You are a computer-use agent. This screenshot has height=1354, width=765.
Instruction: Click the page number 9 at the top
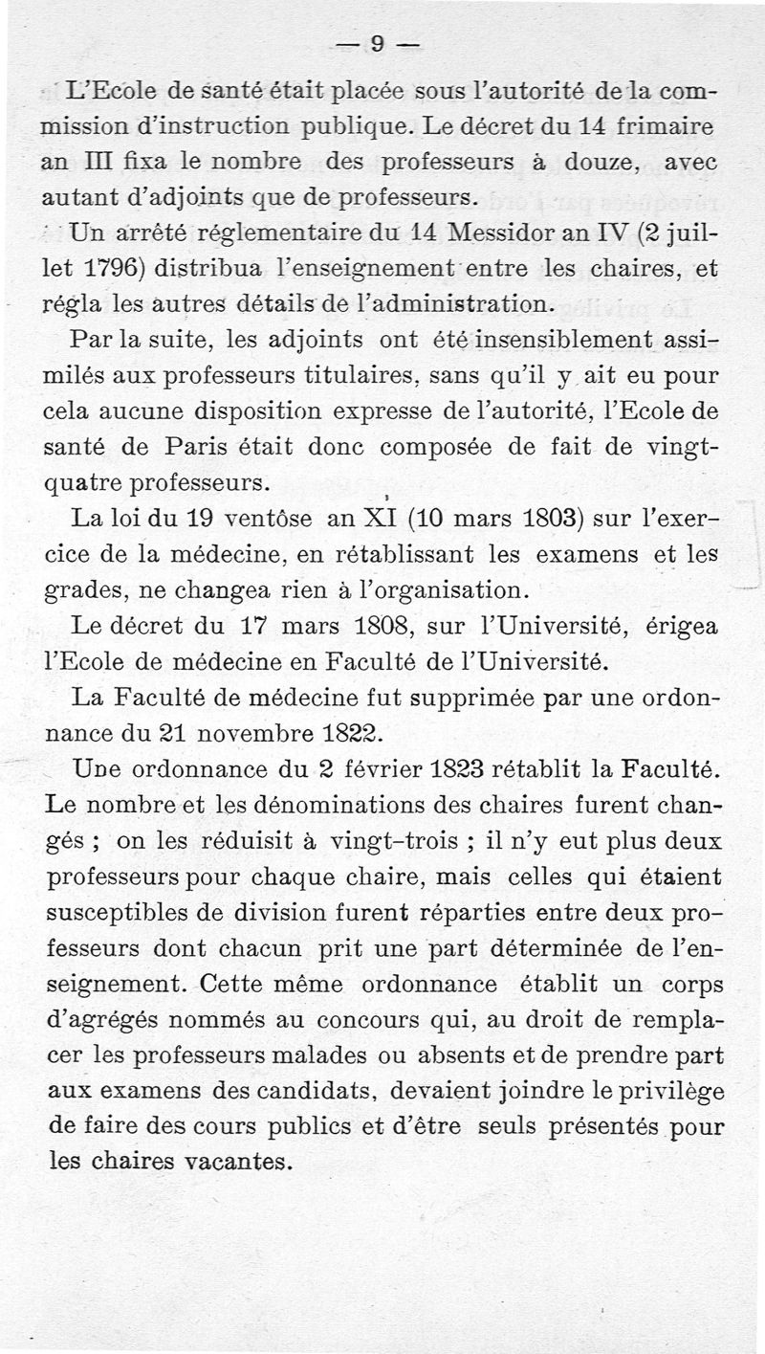[x=377, y=44]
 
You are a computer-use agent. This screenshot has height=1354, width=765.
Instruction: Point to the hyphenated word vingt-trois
[x=406, y=839]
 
